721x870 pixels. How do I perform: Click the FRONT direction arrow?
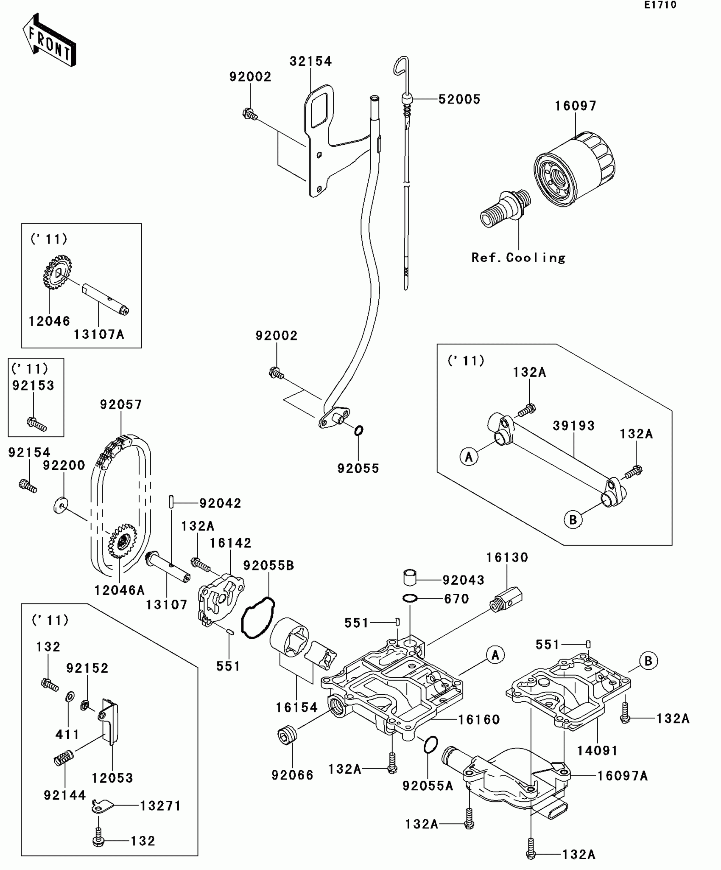[49, 40]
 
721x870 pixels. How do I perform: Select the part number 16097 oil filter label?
[576, 106]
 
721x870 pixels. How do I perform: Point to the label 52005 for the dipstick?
[459, 99]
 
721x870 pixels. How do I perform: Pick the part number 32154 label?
[310, 62]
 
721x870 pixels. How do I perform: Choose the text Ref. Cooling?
[518, 258]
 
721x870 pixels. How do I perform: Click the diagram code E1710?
[660, 5]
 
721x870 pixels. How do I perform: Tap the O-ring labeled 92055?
[358, 431]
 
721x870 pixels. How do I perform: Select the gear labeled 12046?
[57, 272]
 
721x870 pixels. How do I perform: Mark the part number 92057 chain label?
[121, 404]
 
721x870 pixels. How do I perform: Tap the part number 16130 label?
[507, 557]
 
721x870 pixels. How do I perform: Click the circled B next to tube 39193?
[573, 519]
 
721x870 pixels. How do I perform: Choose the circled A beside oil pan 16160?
[495, 655]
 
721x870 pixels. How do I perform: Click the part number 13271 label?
[160, 806]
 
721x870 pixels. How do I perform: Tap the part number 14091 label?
[597, 751]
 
